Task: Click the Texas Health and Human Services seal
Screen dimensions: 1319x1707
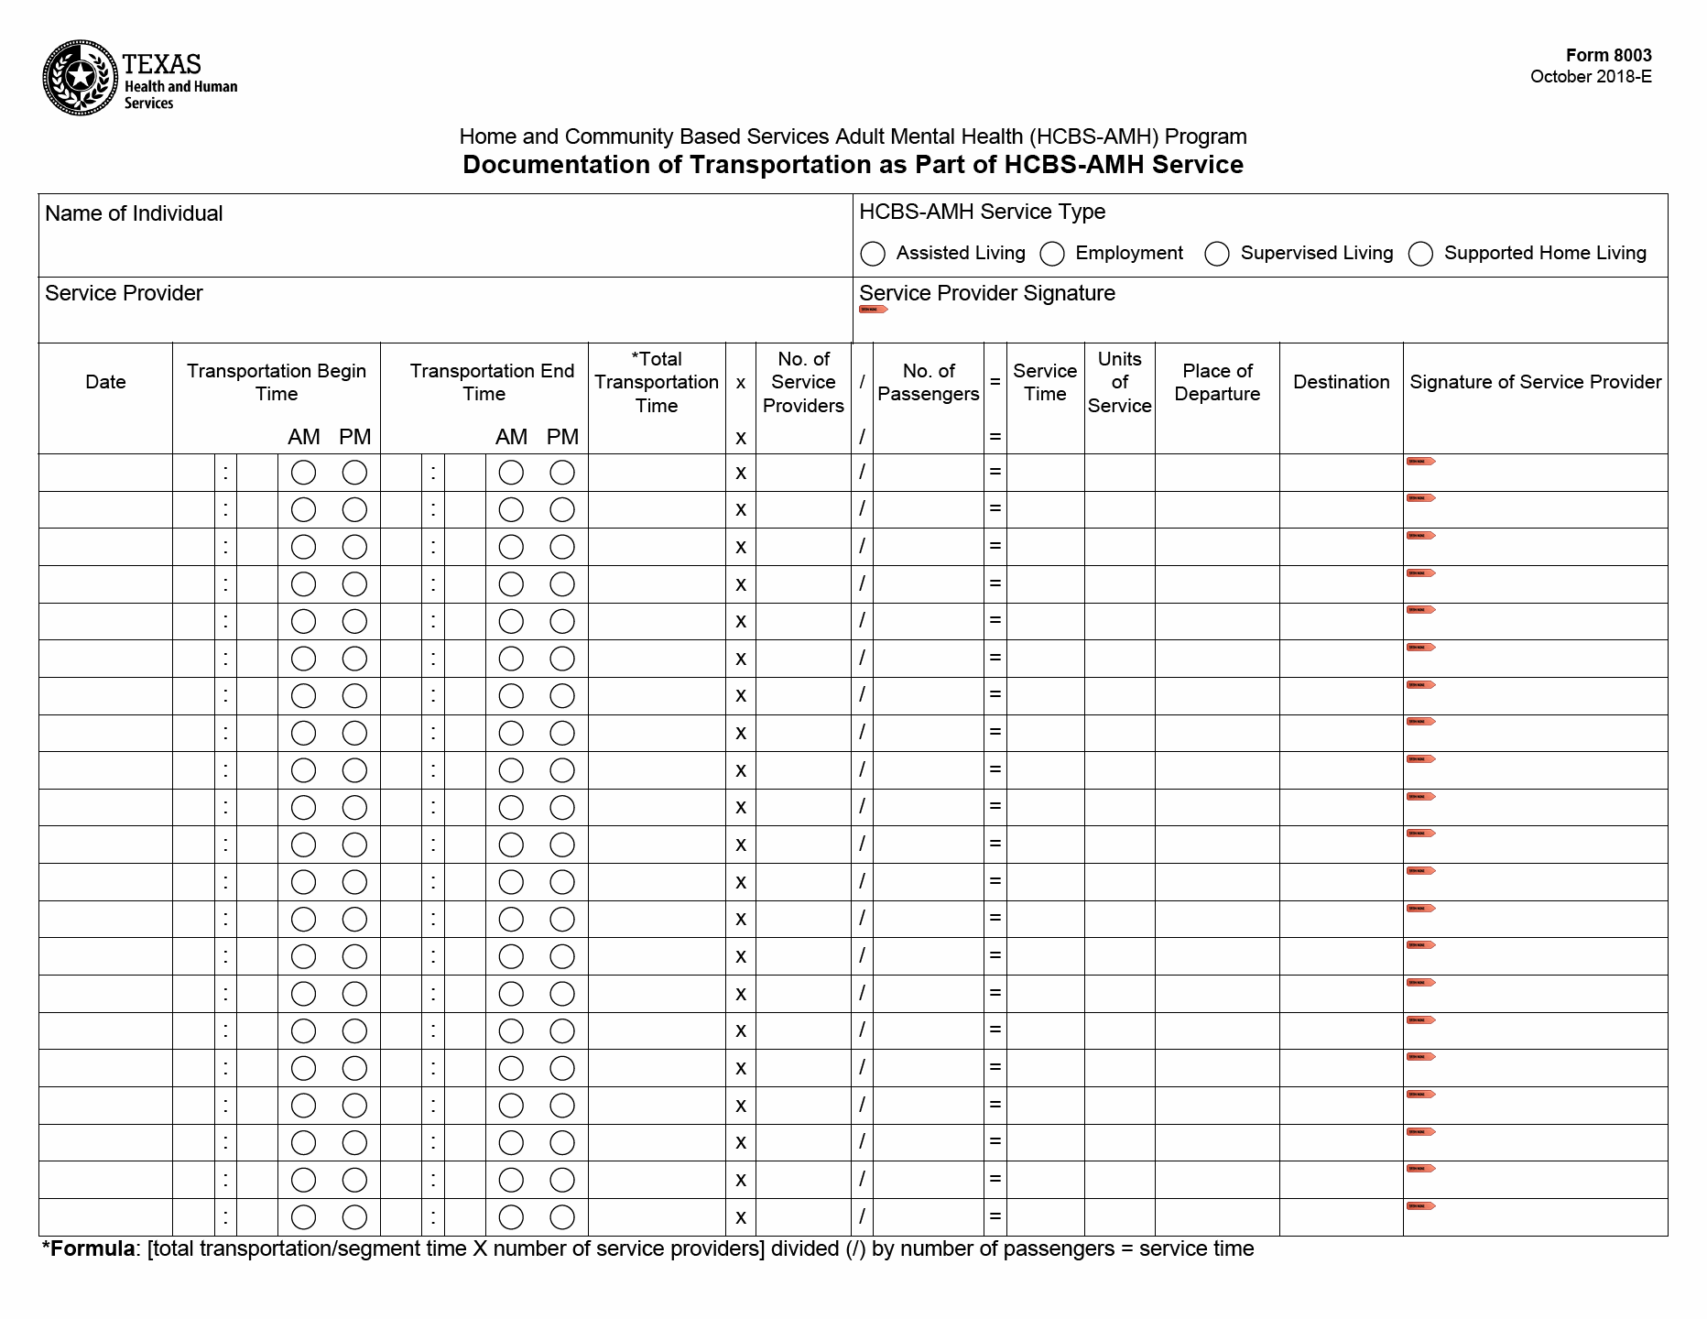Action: [81, 78]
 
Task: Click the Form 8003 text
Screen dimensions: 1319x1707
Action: [1608, 55]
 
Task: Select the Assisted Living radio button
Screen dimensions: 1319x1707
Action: [873, 254]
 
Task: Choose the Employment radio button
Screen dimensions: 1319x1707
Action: [1052, 254]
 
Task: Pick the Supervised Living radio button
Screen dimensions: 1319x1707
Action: [1216, 254]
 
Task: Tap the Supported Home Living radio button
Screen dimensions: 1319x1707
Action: [1420, 254]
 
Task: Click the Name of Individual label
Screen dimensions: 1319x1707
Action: [134, 213]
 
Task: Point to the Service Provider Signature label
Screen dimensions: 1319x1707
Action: [986, 293]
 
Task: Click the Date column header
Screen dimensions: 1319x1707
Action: [105, 382]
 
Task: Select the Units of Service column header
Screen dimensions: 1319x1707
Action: [1119, 382]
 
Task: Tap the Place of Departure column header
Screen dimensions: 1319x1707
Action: [1217, 382]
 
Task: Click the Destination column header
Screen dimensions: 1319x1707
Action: [1341, 382]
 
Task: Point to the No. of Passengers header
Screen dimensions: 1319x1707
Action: [928, 382]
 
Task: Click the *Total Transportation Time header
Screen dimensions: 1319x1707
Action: [657, 382]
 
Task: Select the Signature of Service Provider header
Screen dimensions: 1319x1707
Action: [1535, 382]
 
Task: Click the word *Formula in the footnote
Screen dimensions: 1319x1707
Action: [88, 1249]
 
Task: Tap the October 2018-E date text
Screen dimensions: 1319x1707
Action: [1591, 77]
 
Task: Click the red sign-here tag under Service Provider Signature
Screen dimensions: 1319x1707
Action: [873, 310]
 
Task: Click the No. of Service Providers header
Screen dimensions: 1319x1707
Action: [803, 382]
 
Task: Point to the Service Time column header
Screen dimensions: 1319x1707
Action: [1045, 382]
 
